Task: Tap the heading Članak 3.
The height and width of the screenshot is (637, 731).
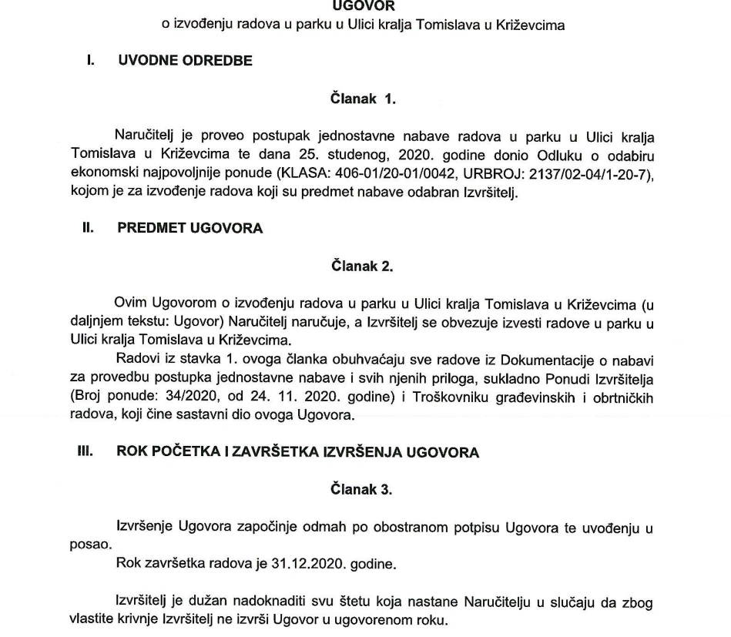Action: (362, 488)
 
